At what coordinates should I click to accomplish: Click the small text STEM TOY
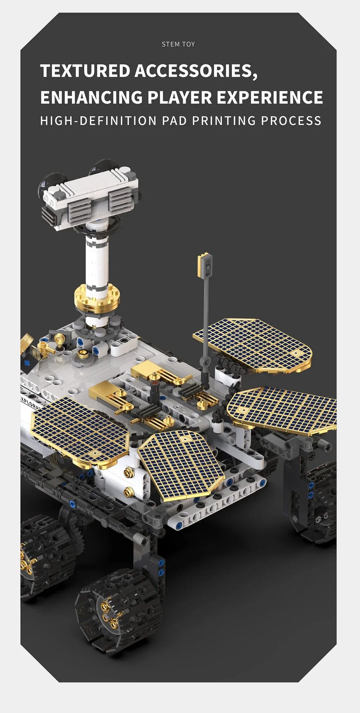point(178,44)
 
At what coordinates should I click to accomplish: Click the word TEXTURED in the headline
point(85,71)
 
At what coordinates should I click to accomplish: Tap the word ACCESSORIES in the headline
point(196,71)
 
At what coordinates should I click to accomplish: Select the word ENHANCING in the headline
point(91,97)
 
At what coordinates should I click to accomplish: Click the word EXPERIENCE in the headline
point(270,97)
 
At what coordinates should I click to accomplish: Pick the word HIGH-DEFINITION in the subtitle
point(98,121)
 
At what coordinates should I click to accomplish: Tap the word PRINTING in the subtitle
point(224,121)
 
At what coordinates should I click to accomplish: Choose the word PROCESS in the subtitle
point(291,121)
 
